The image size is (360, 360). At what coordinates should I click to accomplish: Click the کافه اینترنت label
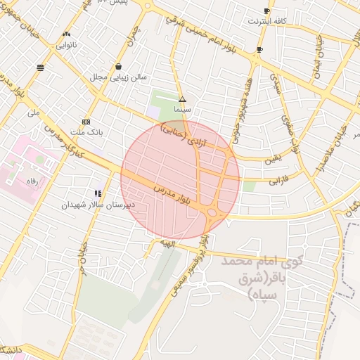click(x=266, y=22)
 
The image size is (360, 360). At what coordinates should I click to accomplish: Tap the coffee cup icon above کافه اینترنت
click(x=266, y=11)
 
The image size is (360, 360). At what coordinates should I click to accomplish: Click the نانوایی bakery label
click(x=66, y=44)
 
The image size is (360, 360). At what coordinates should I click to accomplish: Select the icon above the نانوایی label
click(x=66, y=34)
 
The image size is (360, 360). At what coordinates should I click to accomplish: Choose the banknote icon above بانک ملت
click(x=86, y=120)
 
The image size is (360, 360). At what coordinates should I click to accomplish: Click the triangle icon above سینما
click(x=182, y=100)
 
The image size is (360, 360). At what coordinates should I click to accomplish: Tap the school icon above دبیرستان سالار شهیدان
click(x=98, y=193)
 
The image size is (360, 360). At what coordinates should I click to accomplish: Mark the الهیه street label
click(x=166, y=243)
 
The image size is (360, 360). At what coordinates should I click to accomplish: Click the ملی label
click(x=34, y=112)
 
